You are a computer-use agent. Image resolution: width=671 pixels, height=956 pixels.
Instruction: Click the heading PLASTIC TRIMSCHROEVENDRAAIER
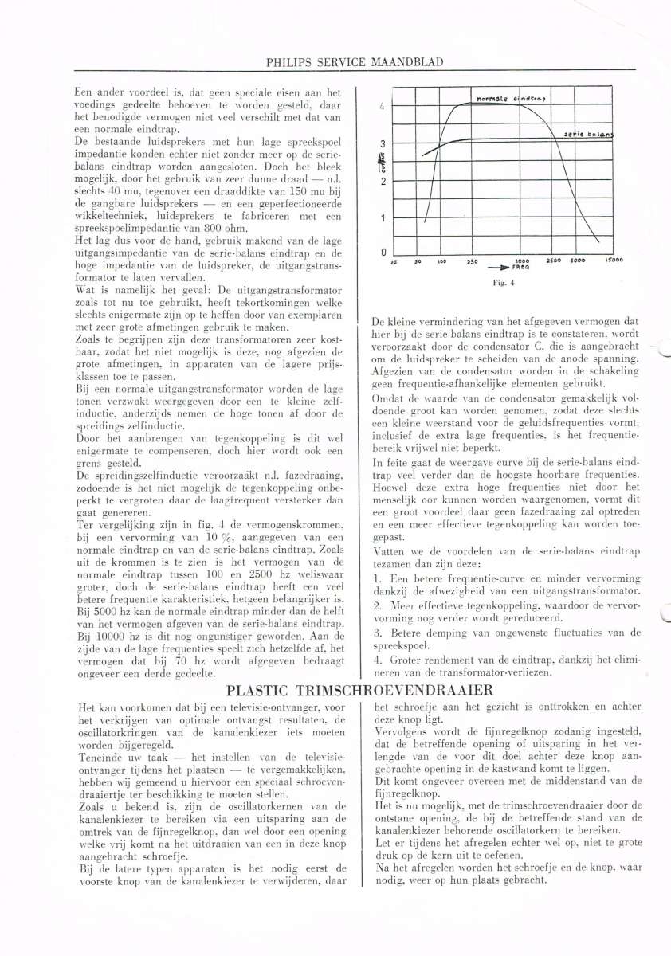pos(359,690)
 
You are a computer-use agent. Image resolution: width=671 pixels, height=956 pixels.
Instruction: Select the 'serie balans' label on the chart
pos(594,135)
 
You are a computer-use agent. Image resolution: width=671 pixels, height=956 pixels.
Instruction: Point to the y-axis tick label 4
pos(383,106)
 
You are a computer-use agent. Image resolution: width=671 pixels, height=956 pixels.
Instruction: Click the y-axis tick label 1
pos(383,217)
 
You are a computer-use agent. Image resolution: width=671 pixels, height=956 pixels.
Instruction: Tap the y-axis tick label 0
pos(383,253)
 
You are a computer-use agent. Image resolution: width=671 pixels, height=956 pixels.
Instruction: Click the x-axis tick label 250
pos(471,261)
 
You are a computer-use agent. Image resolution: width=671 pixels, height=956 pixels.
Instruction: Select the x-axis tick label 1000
pos(524,261)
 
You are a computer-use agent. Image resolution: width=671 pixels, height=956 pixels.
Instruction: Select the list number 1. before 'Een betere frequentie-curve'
pos(377,576)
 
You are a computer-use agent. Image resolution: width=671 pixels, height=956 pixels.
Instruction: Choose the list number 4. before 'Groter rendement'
pos(377,659)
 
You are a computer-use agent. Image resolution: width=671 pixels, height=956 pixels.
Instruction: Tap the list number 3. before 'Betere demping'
pos(377,632)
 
